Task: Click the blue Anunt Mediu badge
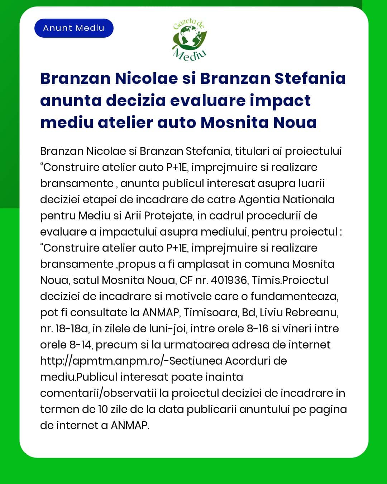tap(74, 28)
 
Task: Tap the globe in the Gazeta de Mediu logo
tap(188, 38)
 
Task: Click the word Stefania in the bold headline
tap(310, 78)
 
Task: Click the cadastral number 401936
tap(229, 280)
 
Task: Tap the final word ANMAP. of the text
tap(130, 425)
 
